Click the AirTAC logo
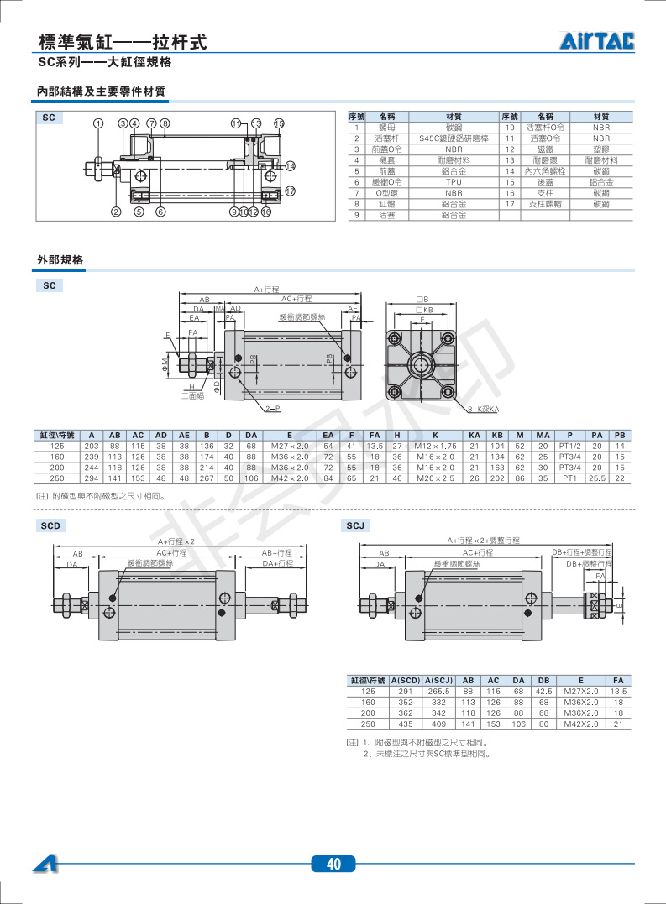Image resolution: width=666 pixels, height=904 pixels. [x=597, y=40]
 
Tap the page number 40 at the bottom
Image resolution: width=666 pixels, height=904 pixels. [x=333, y=865]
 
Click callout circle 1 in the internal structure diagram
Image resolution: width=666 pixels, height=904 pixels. [x=98, y=123]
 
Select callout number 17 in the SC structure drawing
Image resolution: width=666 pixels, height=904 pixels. [x=291, y=191]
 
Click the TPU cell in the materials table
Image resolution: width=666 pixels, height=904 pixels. [x=454, y=181]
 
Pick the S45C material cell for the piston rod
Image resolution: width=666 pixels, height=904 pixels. [x=454, y=138]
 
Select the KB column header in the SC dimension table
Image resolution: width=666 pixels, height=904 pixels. [x=497, y=434]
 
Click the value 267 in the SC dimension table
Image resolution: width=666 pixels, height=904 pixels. [x=206, y=478]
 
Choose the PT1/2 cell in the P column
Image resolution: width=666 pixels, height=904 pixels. [x=570, y=445]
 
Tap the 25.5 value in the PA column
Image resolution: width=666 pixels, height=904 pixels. [x=596, y=478]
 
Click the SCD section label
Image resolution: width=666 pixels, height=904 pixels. [x=50, y=525]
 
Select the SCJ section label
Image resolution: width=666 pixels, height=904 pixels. [x=355, y=525]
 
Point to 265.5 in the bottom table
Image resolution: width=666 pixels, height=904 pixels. [x=439, y=691]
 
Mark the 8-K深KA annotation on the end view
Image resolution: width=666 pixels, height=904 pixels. [x=483, y=409]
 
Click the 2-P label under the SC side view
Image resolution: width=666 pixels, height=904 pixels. [x=272, y=408]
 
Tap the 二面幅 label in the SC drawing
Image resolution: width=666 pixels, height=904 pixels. [x=192, y=395]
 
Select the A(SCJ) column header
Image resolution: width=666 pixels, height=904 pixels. [x=439, y=680]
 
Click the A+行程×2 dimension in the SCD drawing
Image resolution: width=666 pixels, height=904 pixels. [x=176, y=541]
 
